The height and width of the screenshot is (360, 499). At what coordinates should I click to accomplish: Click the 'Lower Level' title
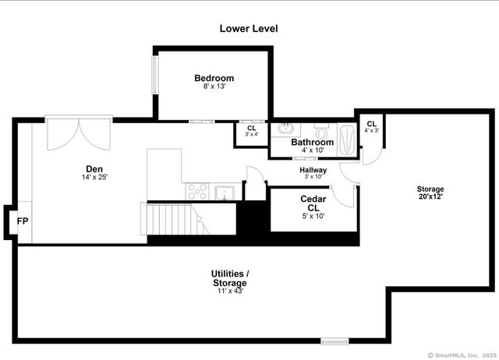[x=248, y=29]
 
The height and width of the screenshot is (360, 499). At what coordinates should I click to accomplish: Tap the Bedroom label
[x=214, y=78]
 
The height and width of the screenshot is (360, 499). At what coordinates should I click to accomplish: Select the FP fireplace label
[x=22, y=221]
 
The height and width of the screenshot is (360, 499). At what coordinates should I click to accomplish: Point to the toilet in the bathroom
[x=320, y=129]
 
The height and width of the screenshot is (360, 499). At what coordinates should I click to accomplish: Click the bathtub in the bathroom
[x=346, y=136]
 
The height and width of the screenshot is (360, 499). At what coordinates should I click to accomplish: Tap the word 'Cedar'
[x=313, y=199]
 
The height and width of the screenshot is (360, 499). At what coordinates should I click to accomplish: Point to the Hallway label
[x=313, y=170]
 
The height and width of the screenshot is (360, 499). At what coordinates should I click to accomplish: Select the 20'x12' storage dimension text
[x=430, y=197]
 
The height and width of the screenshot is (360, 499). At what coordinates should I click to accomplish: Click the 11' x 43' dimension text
[x=230, y=291]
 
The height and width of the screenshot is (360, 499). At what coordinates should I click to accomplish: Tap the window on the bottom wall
[x=334, y=341]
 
